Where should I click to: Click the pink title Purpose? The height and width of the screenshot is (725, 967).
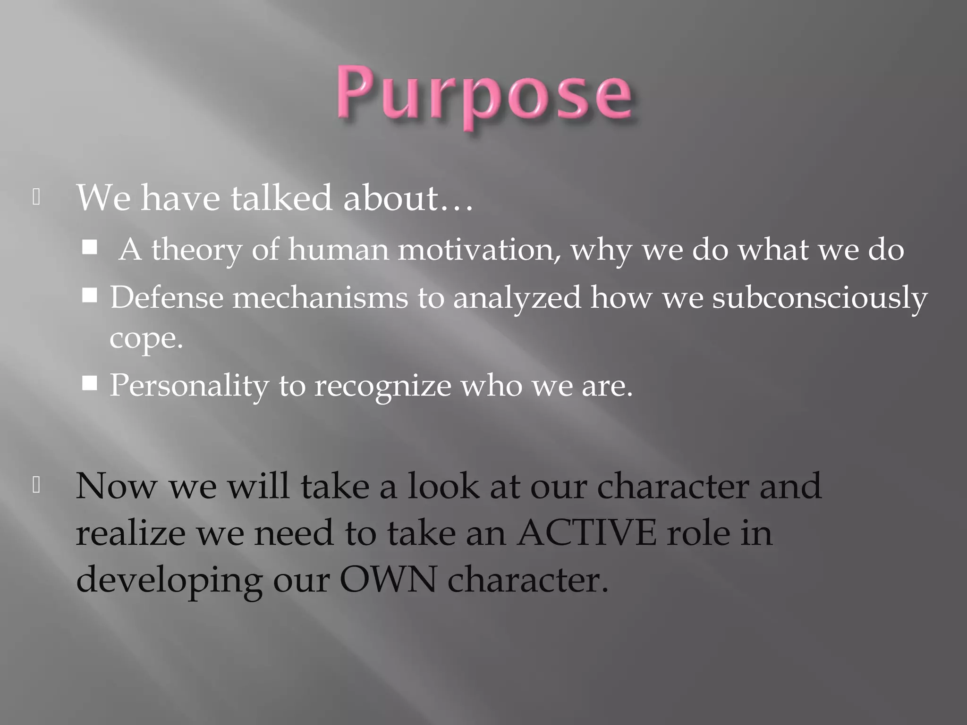coord(484,94)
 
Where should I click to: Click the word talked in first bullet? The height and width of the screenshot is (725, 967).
coord(281,198)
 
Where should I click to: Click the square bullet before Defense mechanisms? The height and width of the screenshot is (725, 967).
coord(90,296)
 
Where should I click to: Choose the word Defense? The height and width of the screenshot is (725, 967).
coord(167,298)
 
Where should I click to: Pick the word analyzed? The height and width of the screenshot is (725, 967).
coord(517,299)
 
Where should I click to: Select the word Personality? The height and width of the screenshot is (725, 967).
coord(189,386)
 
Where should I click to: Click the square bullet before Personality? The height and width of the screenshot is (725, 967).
coord(90,384)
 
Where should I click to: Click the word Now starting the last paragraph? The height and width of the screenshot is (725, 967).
coord(117,486)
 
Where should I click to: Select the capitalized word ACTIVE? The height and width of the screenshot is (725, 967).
coord(586,533)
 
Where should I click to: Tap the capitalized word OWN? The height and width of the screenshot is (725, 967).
coord(388,580)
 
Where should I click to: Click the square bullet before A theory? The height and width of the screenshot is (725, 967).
coord(90,247)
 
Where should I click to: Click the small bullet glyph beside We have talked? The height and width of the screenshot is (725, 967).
coord(36,197)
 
